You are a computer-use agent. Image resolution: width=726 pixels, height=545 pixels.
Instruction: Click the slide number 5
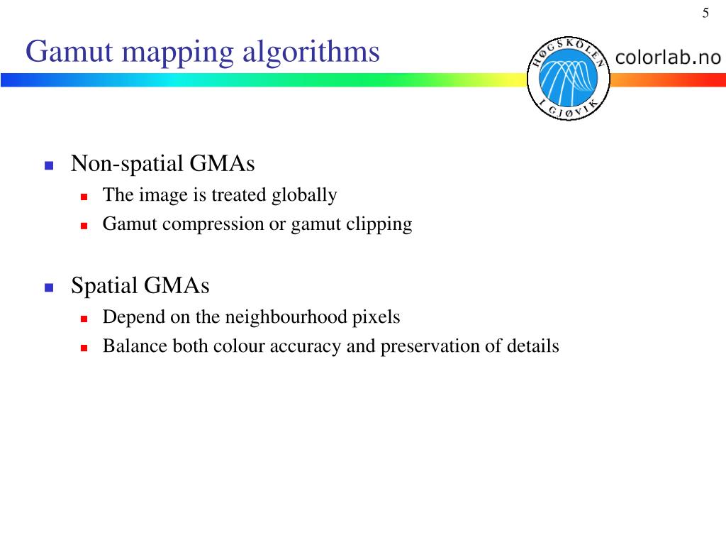click(x=705, y=13)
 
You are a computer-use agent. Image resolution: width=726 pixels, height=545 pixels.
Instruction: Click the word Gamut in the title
click(x=60, y=52)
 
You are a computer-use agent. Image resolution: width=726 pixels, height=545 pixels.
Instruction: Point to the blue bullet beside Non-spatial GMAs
click(x=49, y=165)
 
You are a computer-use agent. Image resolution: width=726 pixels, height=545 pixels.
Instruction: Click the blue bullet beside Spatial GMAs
click(x=49, y=287)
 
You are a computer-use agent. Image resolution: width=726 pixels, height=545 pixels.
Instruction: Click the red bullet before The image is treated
click(x=83, y=196)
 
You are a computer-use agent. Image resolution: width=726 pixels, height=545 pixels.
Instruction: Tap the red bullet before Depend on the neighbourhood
click(x=83, y=318)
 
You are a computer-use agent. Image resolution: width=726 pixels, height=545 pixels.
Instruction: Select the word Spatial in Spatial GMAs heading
click(x=104, y=287)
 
